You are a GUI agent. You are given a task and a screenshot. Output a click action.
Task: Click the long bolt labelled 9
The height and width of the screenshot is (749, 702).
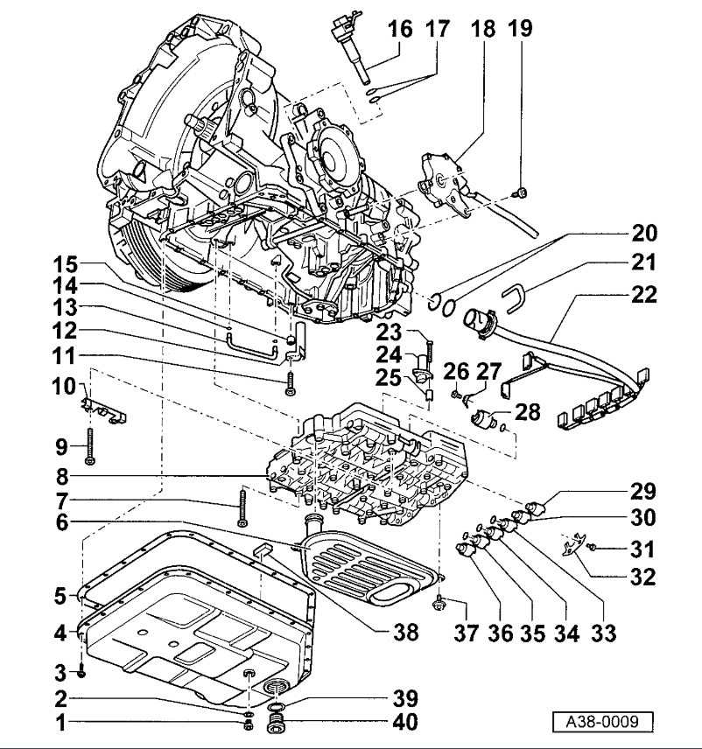90,446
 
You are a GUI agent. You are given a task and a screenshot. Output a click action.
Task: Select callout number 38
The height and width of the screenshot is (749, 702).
405,628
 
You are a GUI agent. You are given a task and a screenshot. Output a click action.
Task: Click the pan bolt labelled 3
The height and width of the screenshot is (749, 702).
81,671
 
